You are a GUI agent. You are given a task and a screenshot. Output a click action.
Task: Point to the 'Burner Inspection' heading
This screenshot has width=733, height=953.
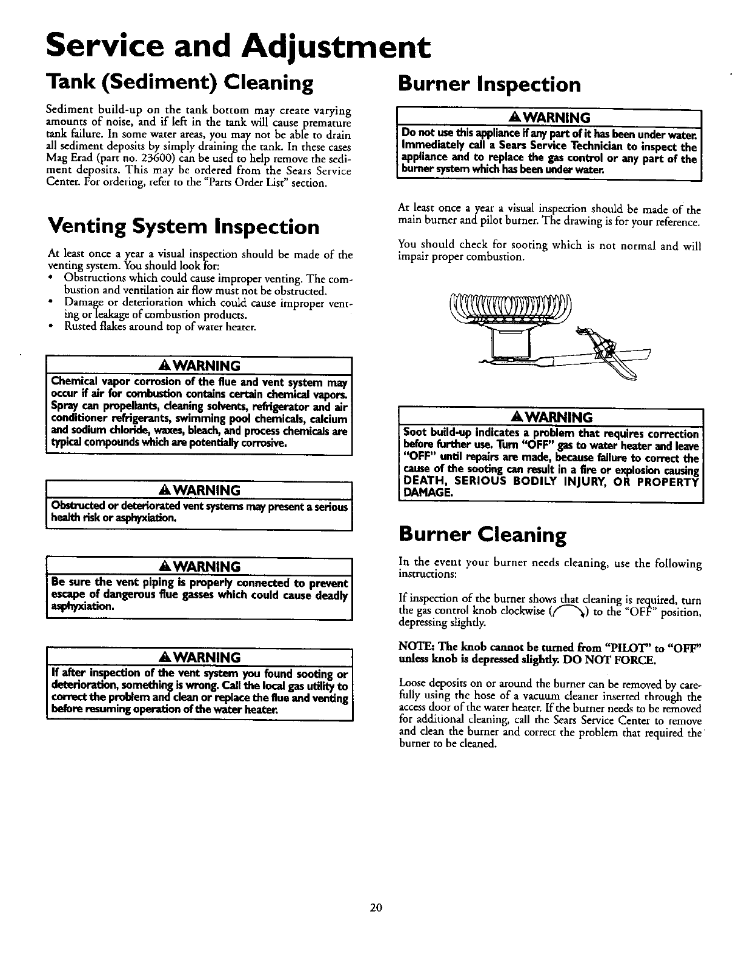489,84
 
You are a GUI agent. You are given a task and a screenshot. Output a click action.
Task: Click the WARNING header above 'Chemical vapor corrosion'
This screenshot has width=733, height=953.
199,366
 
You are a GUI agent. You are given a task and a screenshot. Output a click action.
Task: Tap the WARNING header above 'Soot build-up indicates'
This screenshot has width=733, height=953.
550,417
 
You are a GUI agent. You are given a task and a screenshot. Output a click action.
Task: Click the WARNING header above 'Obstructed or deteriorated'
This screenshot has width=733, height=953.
199,490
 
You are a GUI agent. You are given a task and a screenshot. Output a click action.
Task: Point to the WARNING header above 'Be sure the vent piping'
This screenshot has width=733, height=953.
199,567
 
